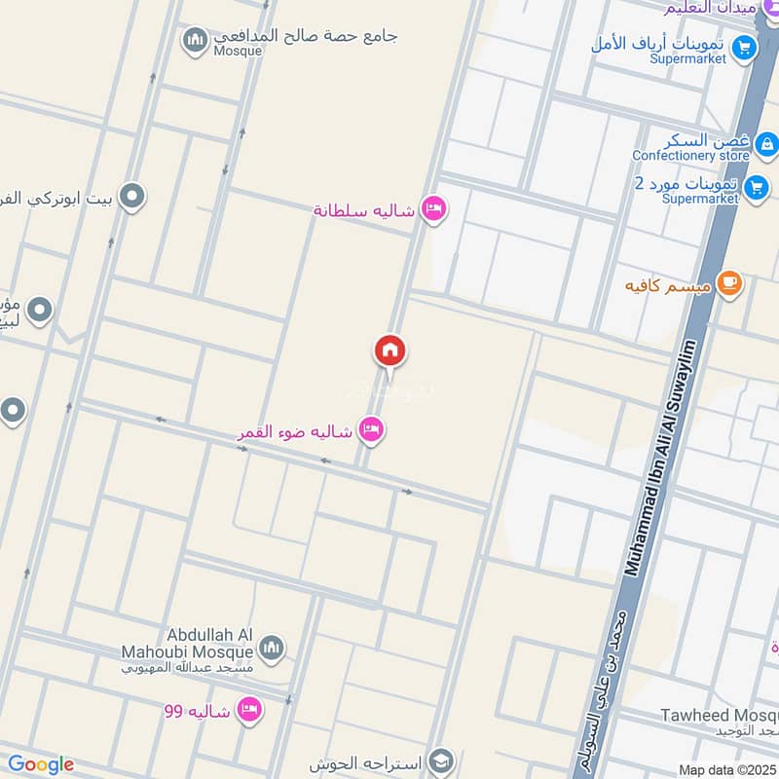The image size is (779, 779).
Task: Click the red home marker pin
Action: click(389, 351)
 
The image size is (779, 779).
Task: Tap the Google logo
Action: click(40, 764)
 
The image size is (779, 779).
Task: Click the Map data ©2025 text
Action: click(727, 769)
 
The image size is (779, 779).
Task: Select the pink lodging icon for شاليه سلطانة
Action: click(434, 208)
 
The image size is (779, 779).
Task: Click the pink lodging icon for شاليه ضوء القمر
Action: click(371, 428)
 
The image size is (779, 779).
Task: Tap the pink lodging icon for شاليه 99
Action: click(250, 710)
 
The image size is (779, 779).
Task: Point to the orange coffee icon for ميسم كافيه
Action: click(727, 283)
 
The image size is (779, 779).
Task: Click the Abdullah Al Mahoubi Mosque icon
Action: click(272, 648)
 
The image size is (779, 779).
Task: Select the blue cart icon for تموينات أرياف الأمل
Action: click(745, 46)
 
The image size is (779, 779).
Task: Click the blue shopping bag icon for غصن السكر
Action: click(766, 145)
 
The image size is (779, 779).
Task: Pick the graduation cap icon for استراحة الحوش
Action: click(441, 760)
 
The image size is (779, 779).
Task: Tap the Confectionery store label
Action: click(690, 156)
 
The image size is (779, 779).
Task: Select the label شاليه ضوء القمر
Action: click(296, 430)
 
